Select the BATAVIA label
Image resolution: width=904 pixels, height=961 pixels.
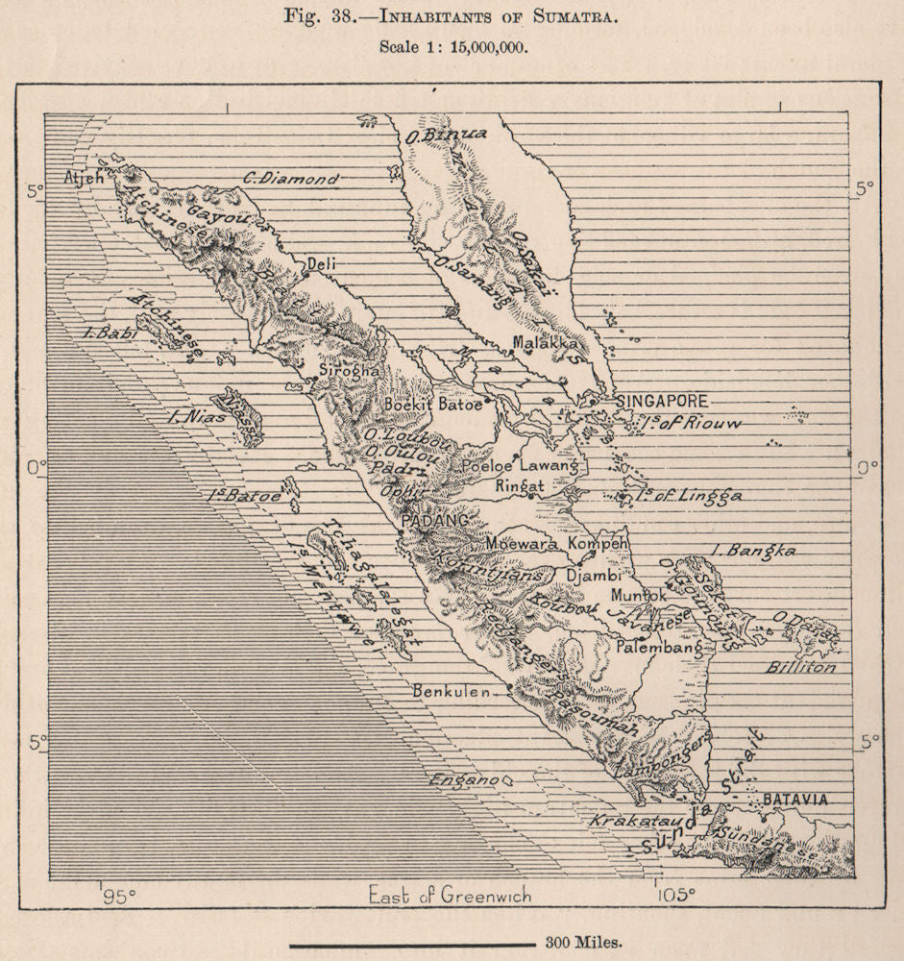(795, 800)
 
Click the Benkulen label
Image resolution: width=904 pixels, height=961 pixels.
(452, 691)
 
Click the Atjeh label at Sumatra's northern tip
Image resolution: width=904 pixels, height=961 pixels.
(83, 178)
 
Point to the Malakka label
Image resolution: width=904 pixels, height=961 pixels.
(545, 342)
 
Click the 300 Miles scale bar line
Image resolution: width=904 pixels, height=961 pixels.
(412, 944)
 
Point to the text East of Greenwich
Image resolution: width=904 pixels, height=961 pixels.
(450, 897)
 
